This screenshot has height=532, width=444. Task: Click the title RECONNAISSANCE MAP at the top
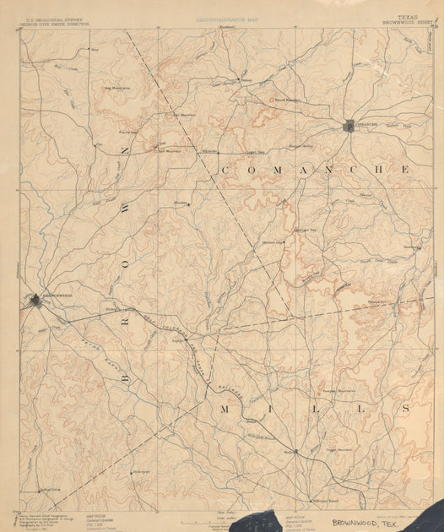point(223,18)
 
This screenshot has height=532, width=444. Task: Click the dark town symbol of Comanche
point(349,127)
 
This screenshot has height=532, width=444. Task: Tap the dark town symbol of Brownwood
point(35,299)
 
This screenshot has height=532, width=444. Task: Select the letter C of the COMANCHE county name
point(225,171)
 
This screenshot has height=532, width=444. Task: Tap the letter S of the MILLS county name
point(404,409)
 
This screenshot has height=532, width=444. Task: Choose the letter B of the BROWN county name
point(126,378)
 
